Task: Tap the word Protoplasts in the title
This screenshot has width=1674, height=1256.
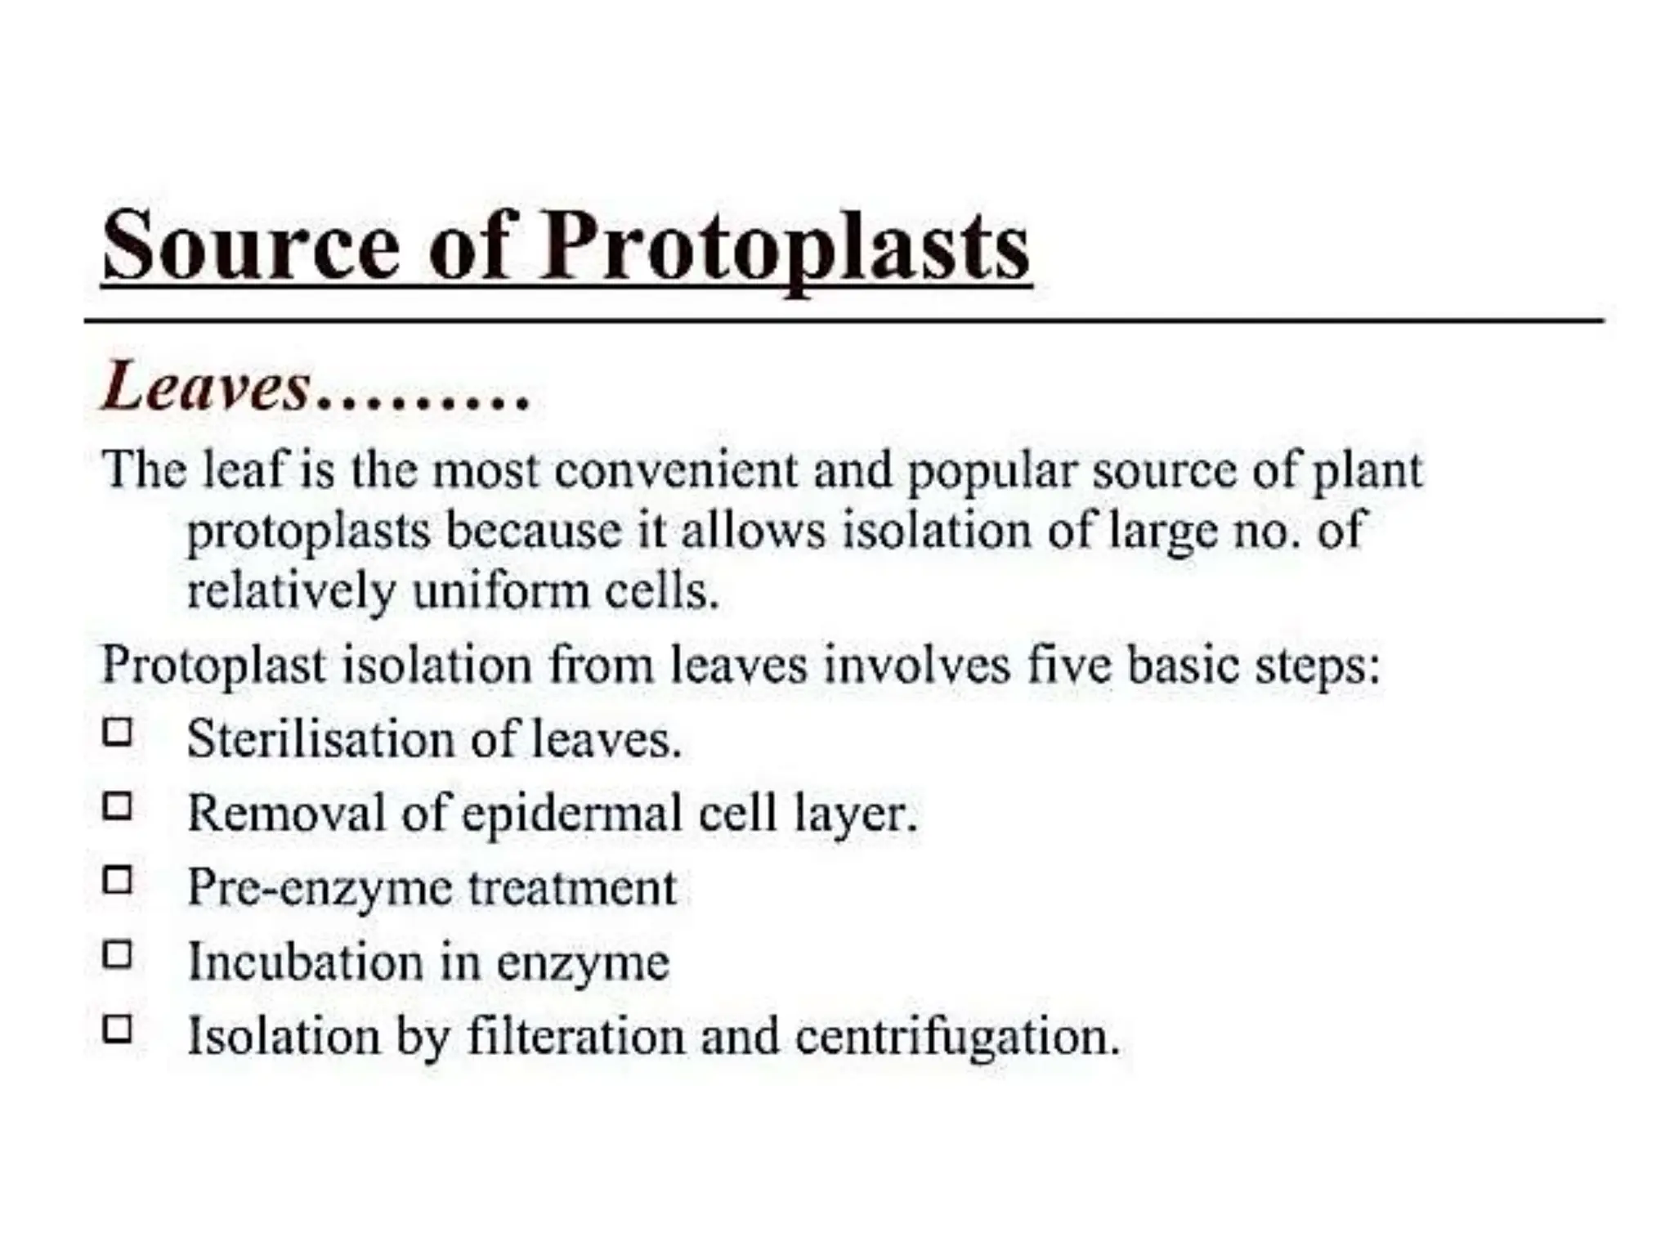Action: coord(785,246)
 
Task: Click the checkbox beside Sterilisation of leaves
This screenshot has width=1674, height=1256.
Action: coord(118,732)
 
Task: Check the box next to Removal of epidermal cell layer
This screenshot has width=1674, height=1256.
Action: coord(118,806)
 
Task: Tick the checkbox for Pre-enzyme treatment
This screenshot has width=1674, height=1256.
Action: coord(118,881)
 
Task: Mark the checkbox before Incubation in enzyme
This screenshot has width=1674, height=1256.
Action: coord(118,954)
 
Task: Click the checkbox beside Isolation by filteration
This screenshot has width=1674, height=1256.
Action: coord(118,1028)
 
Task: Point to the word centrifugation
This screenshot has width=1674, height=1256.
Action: coord(956,1038)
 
